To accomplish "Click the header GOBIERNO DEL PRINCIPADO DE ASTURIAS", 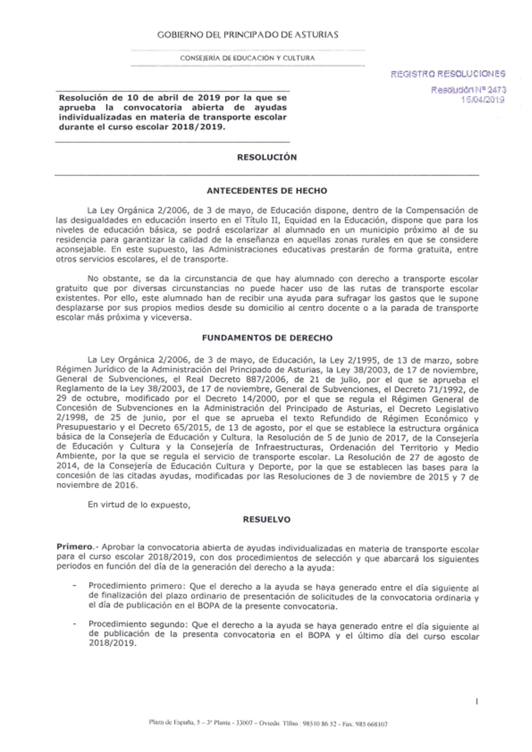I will (247, 35).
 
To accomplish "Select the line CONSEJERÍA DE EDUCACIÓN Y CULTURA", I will (247, 58).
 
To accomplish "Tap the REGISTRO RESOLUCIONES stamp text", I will (448, 74).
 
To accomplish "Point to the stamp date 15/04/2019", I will (484, 100).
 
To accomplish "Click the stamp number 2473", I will (495, 90).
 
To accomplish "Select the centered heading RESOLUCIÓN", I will (267, 157).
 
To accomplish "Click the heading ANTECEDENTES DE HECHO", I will (267, 190).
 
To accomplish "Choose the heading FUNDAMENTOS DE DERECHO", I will (267, 338).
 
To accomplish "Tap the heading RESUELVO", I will (267, 520).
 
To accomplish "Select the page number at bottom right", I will (477, 701).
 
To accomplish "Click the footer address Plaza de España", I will (170, 724).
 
